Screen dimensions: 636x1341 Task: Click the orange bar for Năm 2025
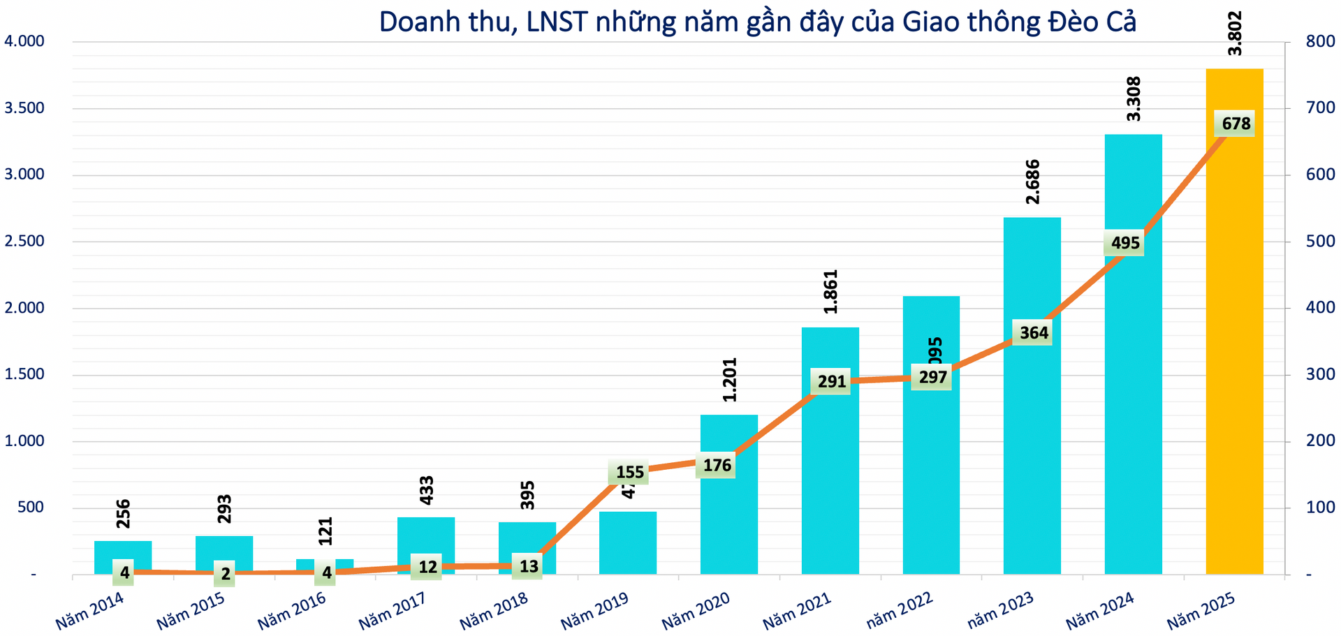[1234, 349]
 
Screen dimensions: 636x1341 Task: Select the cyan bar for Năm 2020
[728, 524]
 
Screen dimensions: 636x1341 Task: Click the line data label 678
[1236, 124]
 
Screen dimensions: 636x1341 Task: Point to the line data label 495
[1124, 243]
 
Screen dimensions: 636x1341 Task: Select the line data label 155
[629, 472]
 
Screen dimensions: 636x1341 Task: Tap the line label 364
[1033, 333]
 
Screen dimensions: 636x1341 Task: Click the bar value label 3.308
[1134, 98]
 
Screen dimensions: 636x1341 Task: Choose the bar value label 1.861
[830, 291]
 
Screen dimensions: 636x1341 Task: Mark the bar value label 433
[426, 490]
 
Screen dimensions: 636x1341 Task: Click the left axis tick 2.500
[24, 242]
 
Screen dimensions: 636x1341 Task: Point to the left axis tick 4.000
[24, 41]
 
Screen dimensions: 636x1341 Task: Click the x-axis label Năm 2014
[89, 611]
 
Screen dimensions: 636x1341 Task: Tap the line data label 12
[427, 567]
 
